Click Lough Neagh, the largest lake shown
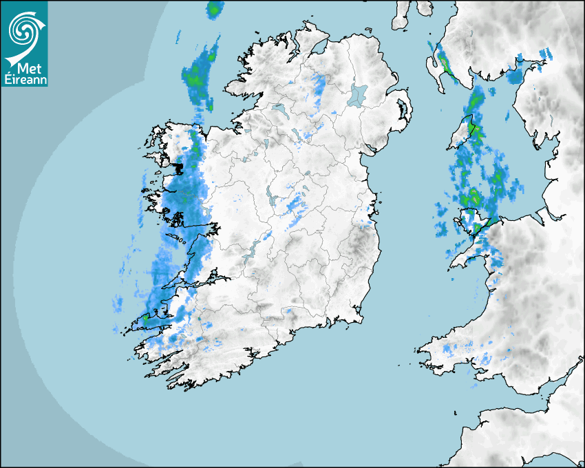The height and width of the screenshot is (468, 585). [x=358, y=94]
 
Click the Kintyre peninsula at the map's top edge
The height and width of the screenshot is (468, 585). [x=401, y=14]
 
